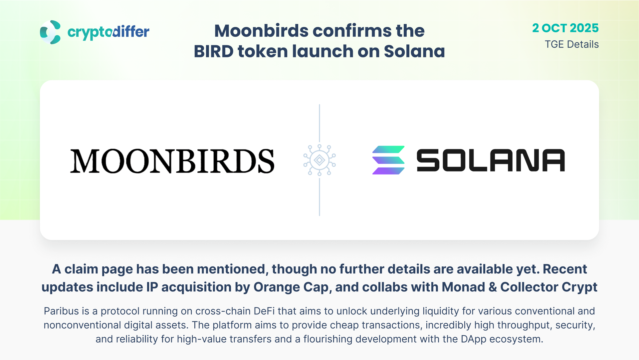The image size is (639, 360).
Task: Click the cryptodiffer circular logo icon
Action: click(50, 32)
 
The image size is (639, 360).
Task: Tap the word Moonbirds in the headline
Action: click(262, 31)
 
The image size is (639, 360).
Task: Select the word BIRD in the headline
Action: click(213, 51)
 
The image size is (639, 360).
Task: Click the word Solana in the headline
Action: click(414, 51)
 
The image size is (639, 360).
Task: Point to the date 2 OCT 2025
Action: click(565, 28)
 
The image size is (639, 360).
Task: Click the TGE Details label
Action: click(572, 44)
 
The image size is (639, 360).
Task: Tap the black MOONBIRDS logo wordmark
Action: click(172, 161)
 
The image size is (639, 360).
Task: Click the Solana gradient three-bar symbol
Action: click(388, 160)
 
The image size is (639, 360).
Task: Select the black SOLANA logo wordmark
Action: click(491, 160)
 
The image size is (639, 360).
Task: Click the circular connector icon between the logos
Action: click(319, 160)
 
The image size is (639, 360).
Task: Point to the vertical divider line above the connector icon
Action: click(319, 123)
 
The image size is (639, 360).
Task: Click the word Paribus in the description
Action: click(62, 311)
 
